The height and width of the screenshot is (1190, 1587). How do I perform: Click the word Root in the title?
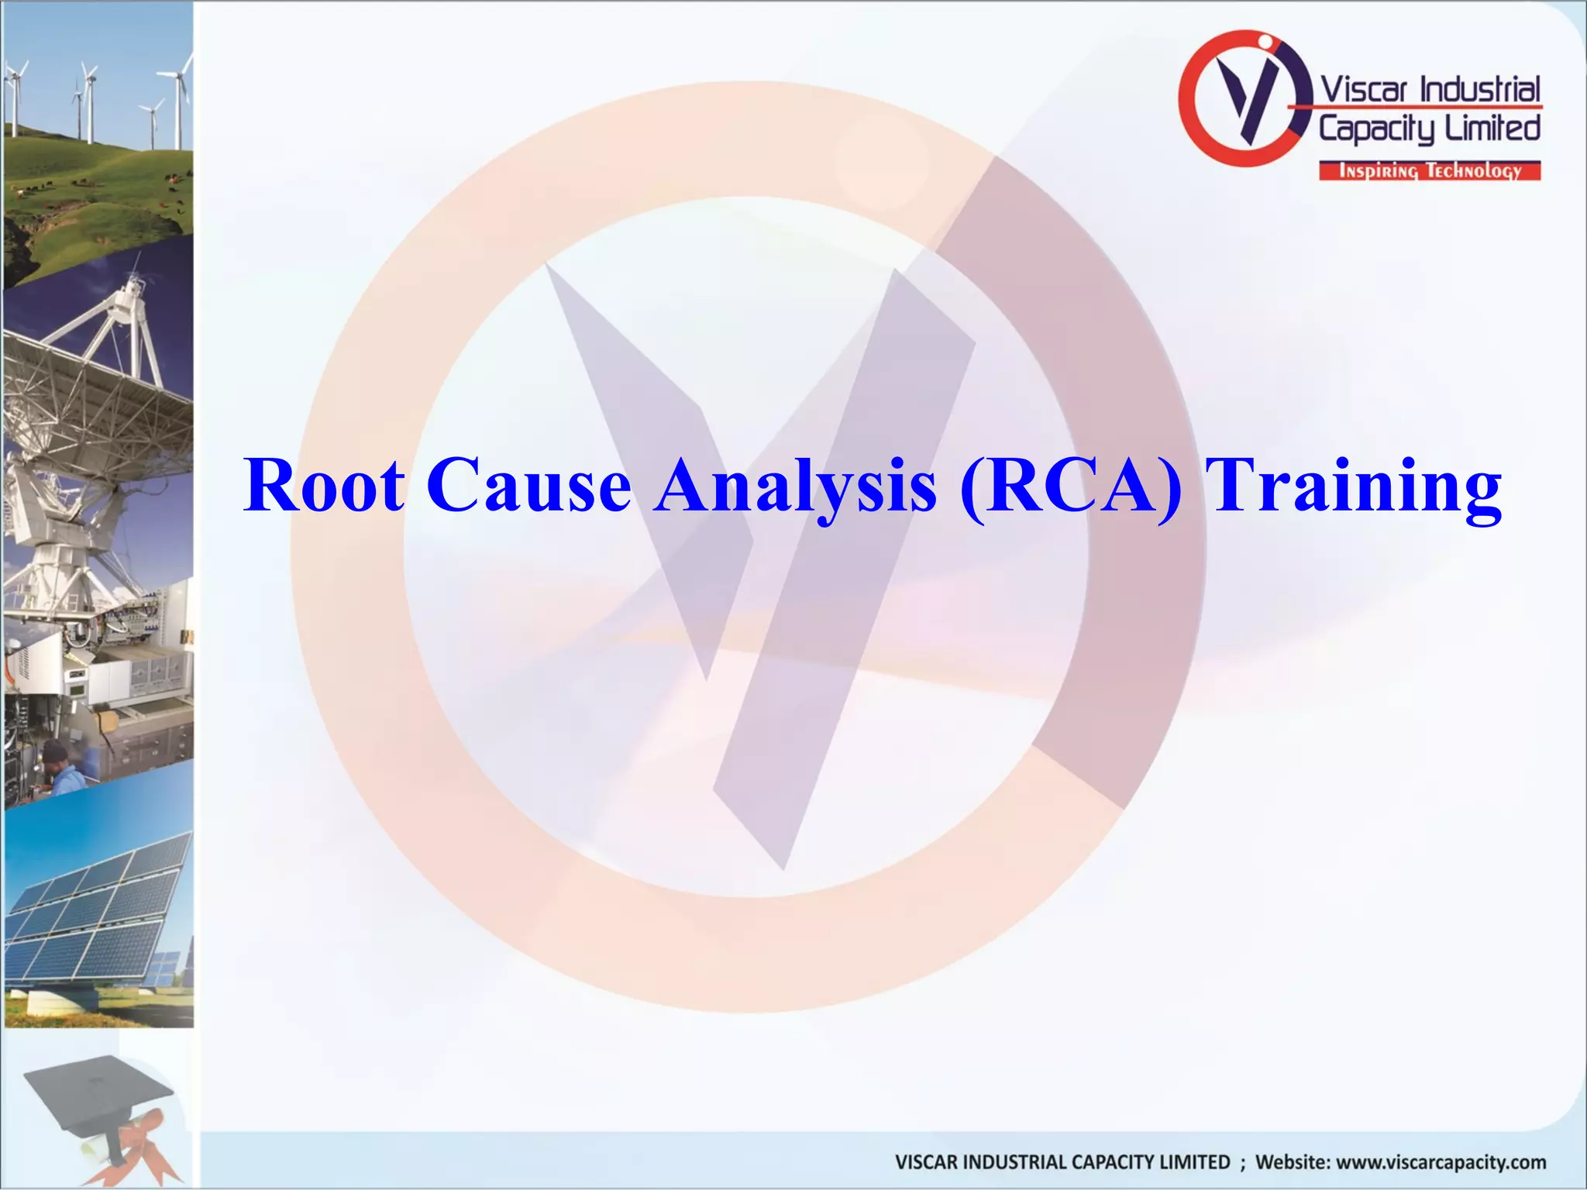pos(324,486)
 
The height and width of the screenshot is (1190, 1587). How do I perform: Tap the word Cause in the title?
pos(528,486)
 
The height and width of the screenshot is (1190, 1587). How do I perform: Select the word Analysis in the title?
pos(794,486)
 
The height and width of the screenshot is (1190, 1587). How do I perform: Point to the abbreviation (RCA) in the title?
pos(1071,486)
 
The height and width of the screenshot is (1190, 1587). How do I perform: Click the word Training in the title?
pos(1356,486)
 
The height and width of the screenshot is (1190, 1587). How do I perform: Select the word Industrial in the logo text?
pos(1479,90)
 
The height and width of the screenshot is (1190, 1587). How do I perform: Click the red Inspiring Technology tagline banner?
pos(1430,171)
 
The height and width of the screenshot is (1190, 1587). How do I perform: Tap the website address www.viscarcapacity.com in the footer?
pos(1441,1162)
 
